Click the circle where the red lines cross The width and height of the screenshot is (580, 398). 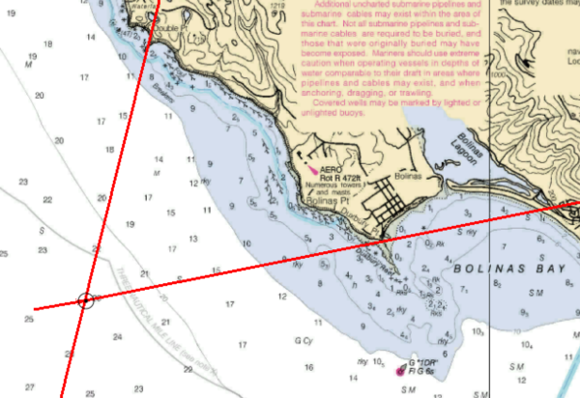[x=85, y=301]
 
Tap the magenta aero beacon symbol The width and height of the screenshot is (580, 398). [x=312, y=168]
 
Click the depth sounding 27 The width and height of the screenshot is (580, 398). [x=30, y=387]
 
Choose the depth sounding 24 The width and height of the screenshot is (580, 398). [x=117, y=336]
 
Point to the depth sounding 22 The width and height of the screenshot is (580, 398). [x=47, y=200]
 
